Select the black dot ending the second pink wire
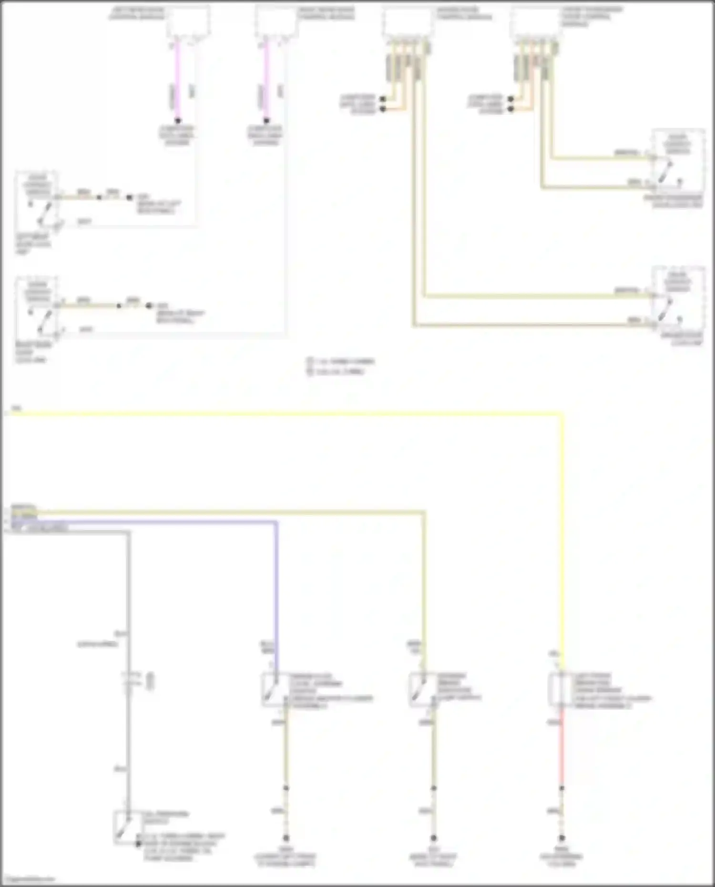pos(266,121)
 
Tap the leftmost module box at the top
pos(188,22)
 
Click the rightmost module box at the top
pos(535,22)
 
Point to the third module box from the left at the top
pos(407,22)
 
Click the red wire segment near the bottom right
pos(562,748)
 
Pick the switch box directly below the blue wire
pos(276,689)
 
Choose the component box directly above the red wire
pos(561,689)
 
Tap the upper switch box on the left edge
pos(37,200)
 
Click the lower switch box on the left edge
pos(37,307)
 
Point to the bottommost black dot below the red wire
pos(562,837)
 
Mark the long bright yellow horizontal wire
pos(286,414)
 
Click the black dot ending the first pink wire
pos(177,121)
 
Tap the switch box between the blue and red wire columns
pos(423,689)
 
